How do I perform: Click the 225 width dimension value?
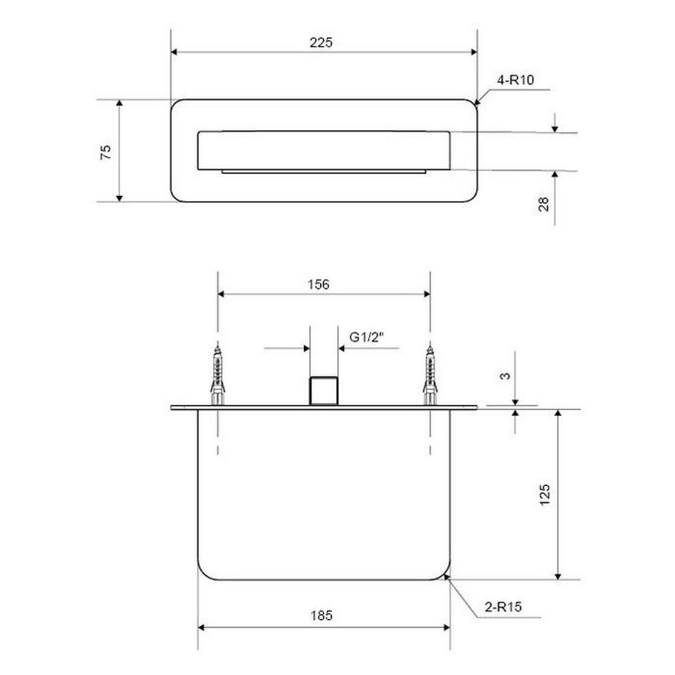[321, 42]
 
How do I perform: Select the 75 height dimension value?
[105, 152]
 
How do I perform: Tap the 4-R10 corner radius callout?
[515, 79]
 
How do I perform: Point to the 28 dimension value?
[544, 204]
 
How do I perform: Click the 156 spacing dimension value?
[319, 284]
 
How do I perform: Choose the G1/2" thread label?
[366, 337]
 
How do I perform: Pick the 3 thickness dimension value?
[505, 375]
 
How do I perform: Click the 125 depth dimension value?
[544, 495]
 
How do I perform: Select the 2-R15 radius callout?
[503, 607]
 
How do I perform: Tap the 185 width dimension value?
[321, 615]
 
